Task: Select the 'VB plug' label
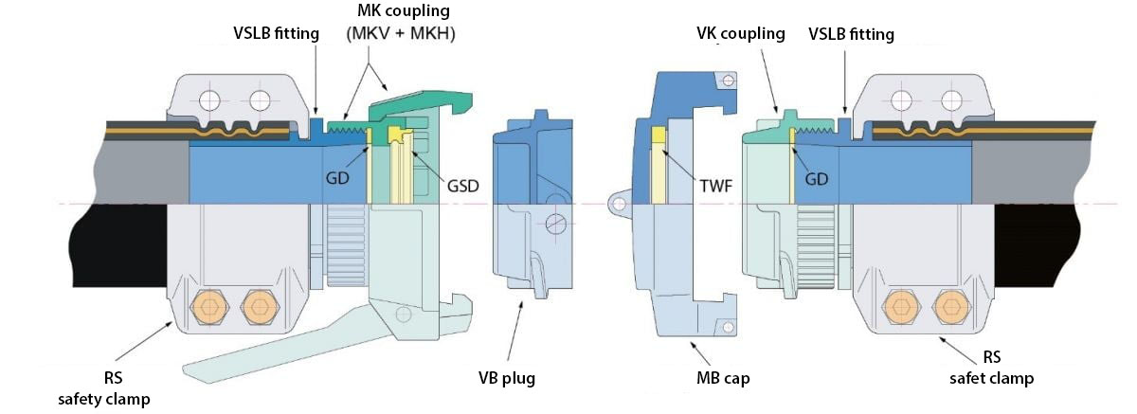tap(507, 378)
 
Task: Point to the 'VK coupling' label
tap(739, 34)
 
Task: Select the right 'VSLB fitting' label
tap(851, 34)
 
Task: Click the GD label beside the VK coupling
tap(816, 178)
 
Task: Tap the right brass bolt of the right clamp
tap(945, 306)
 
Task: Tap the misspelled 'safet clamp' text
tap(991, 378)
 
